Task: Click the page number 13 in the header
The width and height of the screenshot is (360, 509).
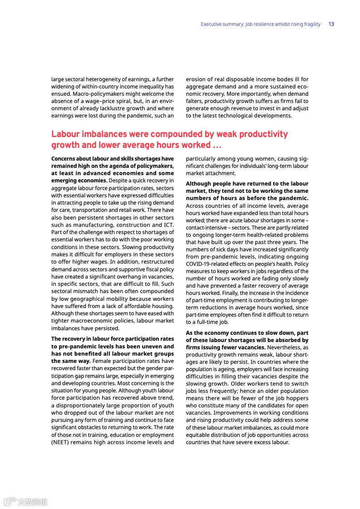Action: [x=331, y=24]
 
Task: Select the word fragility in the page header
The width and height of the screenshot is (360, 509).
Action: [x=311, y=24]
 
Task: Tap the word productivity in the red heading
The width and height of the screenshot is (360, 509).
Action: [x=263, y=134]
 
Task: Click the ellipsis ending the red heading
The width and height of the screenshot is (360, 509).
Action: [x=217, y=145]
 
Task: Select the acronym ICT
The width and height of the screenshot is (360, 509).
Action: [x=169, y=225]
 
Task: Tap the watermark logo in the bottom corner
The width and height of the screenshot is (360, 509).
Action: [x=25, y=501]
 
